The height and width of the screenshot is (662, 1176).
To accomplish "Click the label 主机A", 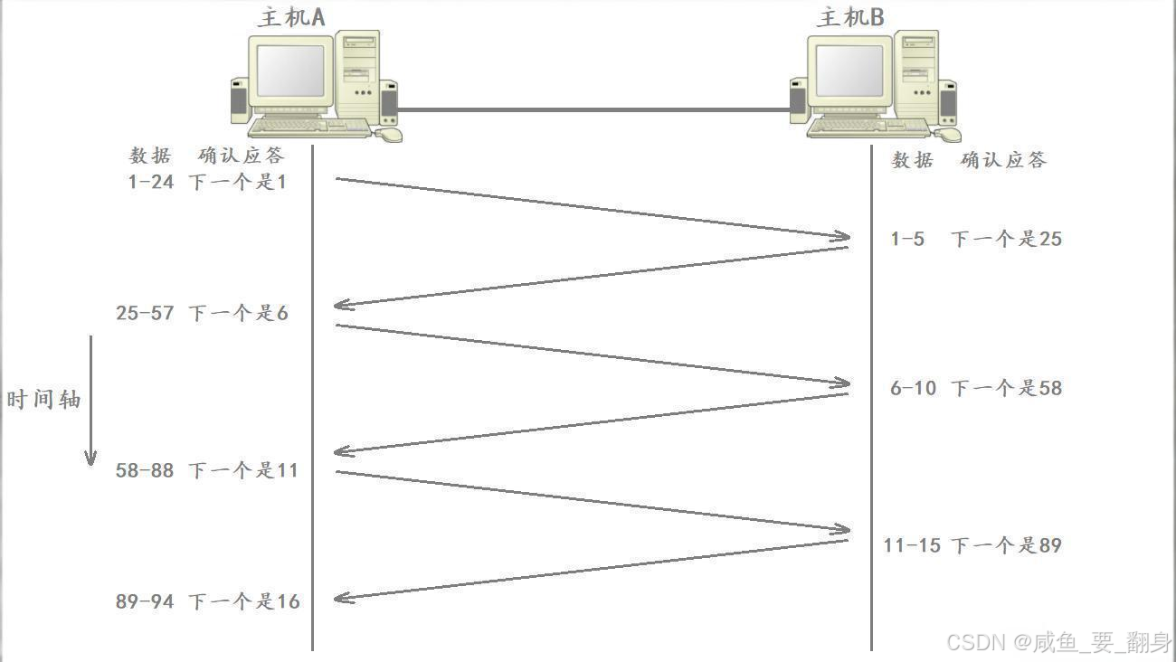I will click(x=291, y=18).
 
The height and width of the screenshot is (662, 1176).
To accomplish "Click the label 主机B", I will click(x=850, y=17).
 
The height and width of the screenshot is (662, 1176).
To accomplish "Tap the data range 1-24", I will click(x=150, y=182).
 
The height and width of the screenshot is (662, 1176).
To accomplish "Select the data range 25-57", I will click(x=145, y=314).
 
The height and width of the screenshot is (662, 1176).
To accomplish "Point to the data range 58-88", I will click(x=145, y=470).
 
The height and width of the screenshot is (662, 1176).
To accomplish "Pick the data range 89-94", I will click(x=145, y=601).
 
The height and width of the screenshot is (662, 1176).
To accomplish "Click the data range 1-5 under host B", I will click(x=907, y=240).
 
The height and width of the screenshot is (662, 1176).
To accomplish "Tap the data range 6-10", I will click(x=913, y=388).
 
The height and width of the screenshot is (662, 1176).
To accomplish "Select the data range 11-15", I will click(x=912, y=545).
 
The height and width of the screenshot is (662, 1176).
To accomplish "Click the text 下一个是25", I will click(x=1006, y=240).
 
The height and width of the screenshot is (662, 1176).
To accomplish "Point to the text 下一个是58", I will click(x=1006, y=388).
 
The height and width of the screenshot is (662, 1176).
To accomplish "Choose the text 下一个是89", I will click(x=1006, y=545).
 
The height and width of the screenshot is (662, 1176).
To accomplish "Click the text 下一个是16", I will click(x=244, y=601).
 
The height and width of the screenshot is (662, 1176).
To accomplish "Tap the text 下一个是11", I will click(x=243, y=470).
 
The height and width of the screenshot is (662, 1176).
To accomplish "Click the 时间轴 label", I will click(x=43, y=400).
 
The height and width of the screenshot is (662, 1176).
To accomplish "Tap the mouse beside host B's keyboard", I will click(x=948, y=135).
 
